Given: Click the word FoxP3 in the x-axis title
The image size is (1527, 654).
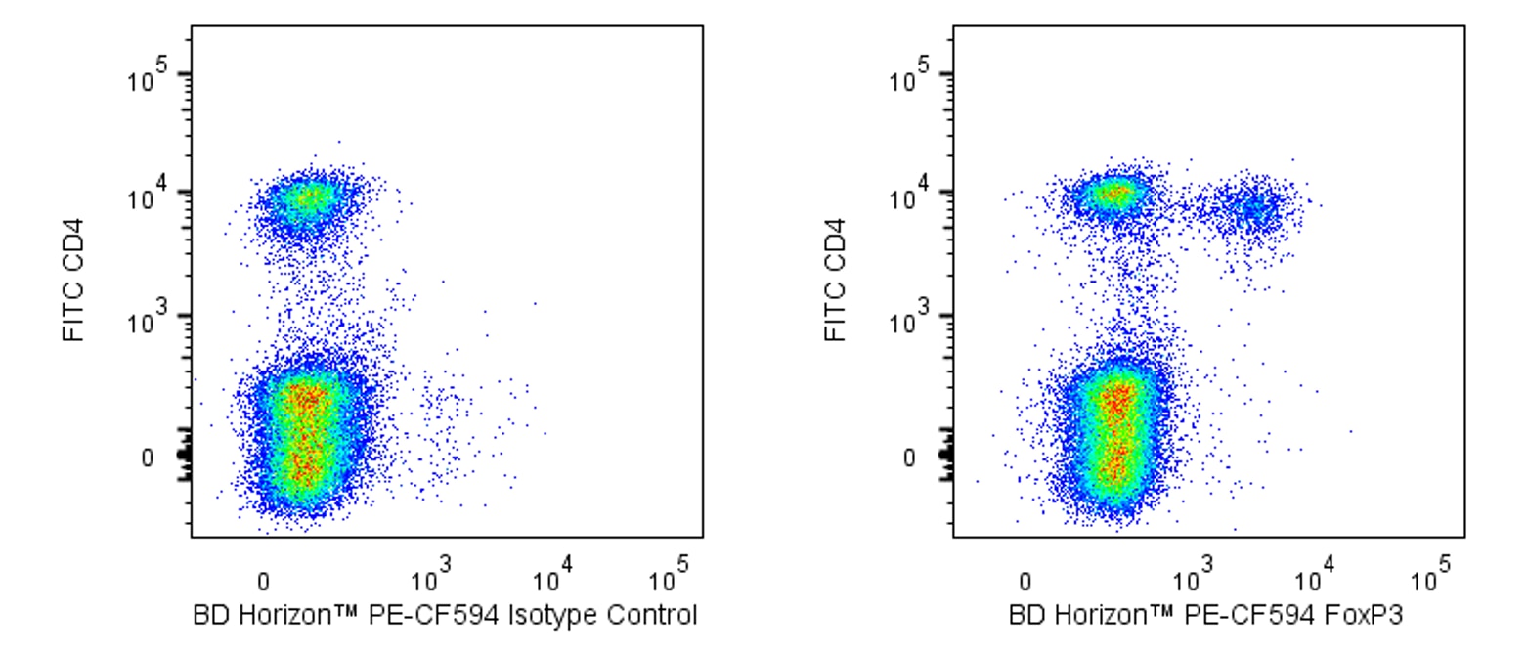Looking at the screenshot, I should [1372, 616].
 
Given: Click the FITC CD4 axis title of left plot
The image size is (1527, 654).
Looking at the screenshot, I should [72, 280].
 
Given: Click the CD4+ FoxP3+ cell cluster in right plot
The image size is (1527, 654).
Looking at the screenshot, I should [1251, 208].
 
